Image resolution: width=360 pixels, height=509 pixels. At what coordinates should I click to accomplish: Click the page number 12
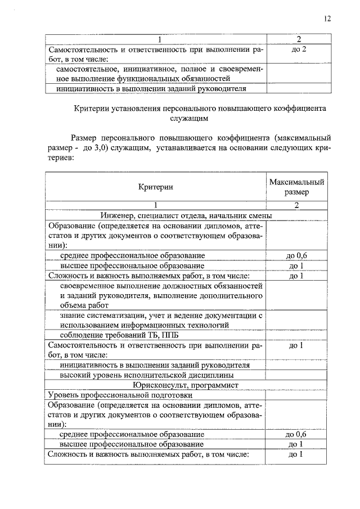tap(327, 19)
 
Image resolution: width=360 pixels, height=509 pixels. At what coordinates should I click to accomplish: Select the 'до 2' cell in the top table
tap(299, 49)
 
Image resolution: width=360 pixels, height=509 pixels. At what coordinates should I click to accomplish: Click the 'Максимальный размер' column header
tap(296, 187)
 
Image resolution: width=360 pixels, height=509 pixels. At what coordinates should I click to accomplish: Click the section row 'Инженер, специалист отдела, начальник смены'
tap(186, 215)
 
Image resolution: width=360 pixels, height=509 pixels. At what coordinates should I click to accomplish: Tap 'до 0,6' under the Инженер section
tap(296, 255)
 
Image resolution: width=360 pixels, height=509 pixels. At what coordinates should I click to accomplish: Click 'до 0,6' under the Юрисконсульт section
tap(296, 435)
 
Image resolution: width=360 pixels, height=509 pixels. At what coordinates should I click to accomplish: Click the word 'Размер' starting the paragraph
tap(84, 137)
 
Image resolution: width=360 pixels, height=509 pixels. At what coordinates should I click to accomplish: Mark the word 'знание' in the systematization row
tap(71, 316)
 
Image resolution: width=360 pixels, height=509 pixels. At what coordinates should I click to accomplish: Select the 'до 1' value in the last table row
tap(296, 454)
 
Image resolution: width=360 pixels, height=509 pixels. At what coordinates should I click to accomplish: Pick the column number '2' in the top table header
tap(299, 39)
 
